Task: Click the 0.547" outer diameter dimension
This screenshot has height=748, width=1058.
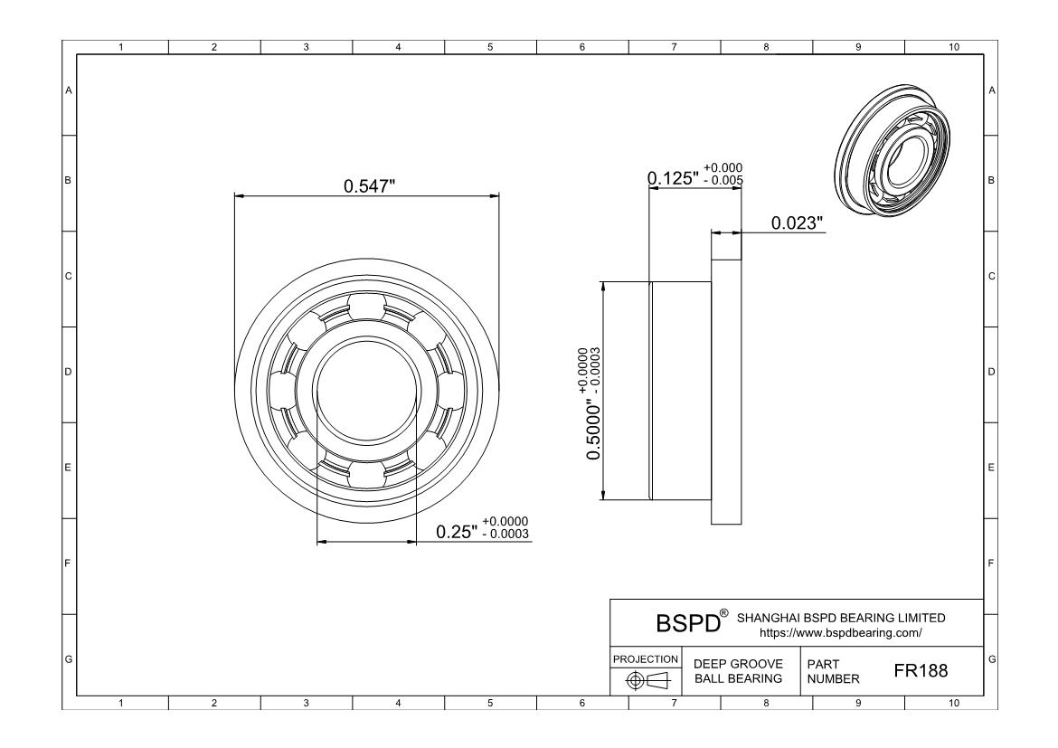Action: click(369, 185)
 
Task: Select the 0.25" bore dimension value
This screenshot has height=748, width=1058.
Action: click(457, 532)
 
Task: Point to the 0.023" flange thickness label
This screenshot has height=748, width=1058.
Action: click(797, 223)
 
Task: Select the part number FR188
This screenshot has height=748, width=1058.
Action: click(921, 670)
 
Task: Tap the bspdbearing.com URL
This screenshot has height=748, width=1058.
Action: click(841, 633)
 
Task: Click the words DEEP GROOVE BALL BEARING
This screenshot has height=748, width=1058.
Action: click(739, 671)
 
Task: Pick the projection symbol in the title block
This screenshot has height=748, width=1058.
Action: click(647, 681)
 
